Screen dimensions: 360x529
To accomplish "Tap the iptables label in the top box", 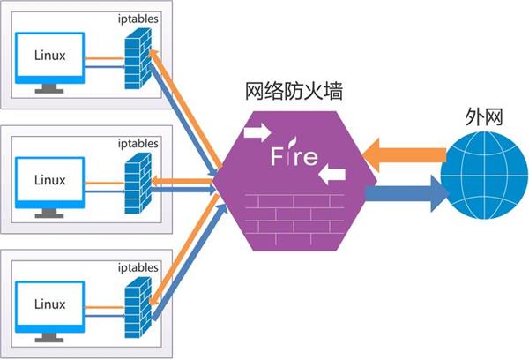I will (138, 18).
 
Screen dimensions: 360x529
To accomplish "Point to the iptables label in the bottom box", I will (138, 266).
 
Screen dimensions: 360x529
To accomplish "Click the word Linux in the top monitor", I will (49, 56).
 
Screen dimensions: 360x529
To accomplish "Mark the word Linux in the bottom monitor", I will (49, 304).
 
